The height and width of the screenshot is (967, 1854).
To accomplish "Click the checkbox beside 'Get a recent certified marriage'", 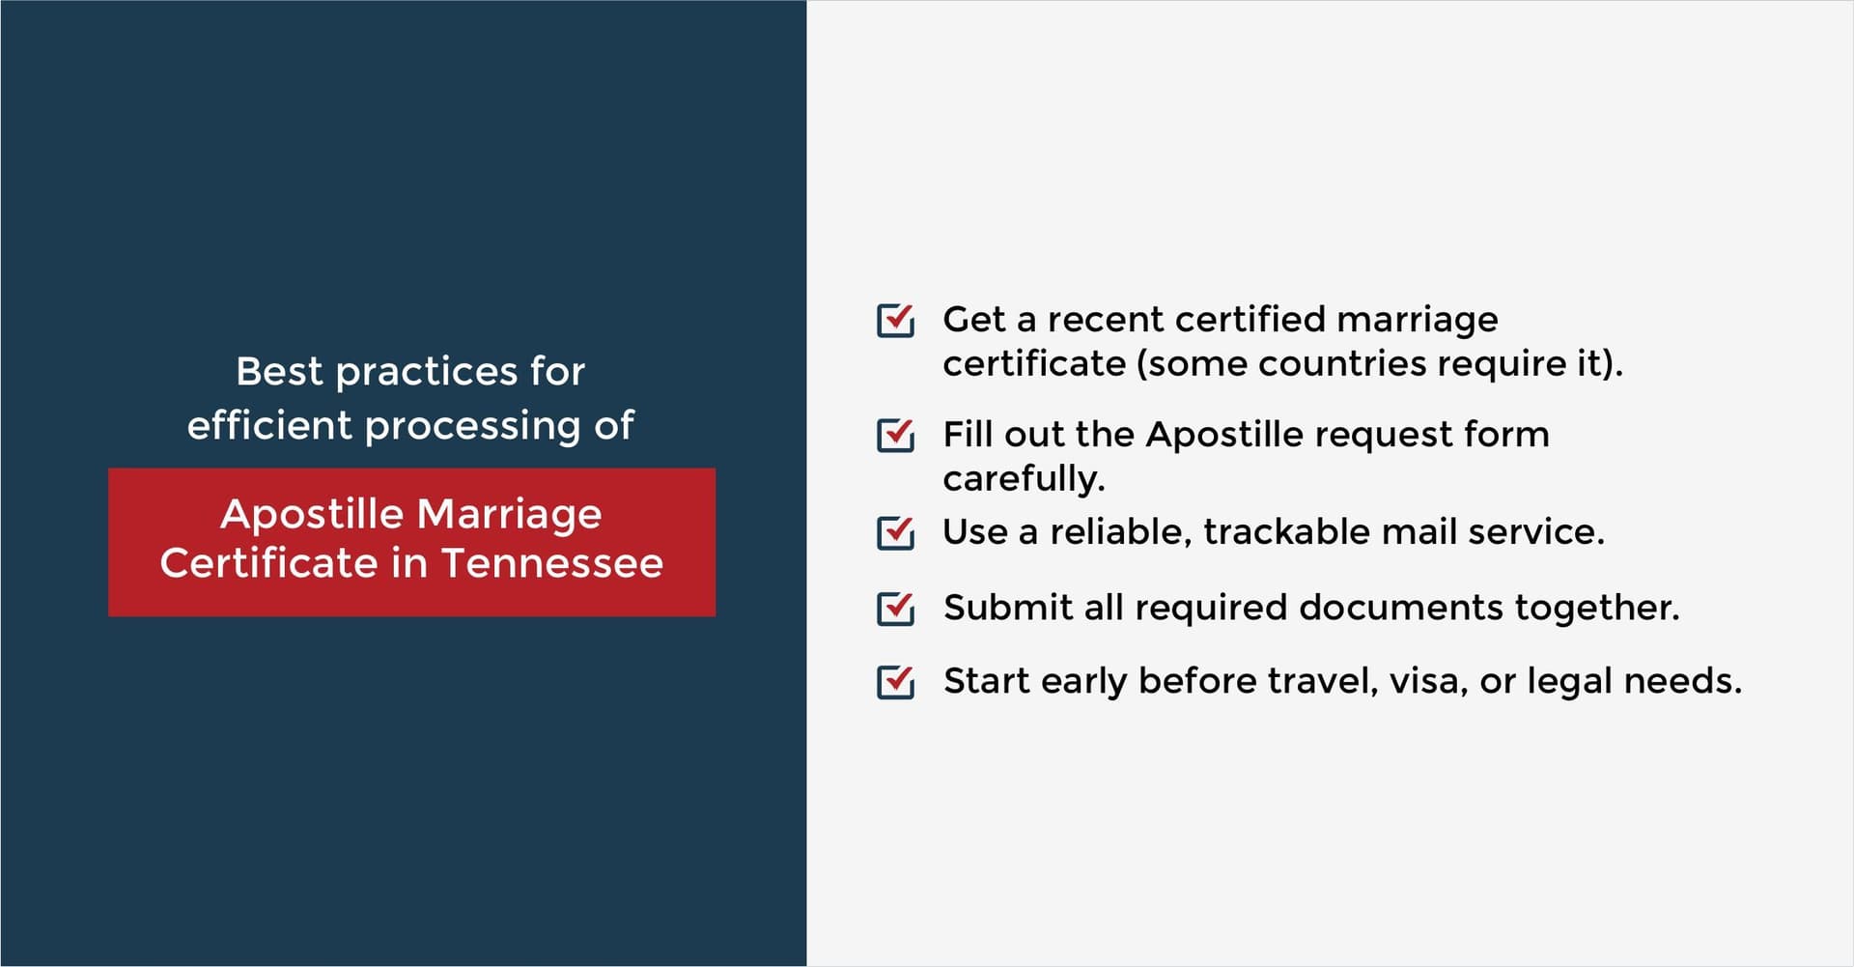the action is (x=895, y=320).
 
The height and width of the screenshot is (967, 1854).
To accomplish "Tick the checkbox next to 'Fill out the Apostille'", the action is (x=895, y=435).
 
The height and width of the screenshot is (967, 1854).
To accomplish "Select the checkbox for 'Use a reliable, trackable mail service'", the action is (x=895, y=532).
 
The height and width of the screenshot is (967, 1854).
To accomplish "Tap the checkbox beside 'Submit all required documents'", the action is (x=895, y=609).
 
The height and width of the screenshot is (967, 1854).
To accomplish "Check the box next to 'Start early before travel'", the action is (x=895, y=681).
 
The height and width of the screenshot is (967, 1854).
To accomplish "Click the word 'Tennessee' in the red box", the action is (x=552, y=563).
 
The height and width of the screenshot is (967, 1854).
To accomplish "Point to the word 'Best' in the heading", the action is (x=279, y=371).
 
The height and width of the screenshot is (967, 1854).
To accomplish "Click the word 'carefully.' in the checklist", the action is (x=1024, y=479).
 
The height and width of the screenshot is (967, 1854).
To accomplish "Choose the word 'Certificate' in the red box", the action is (x=269, y=563).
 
